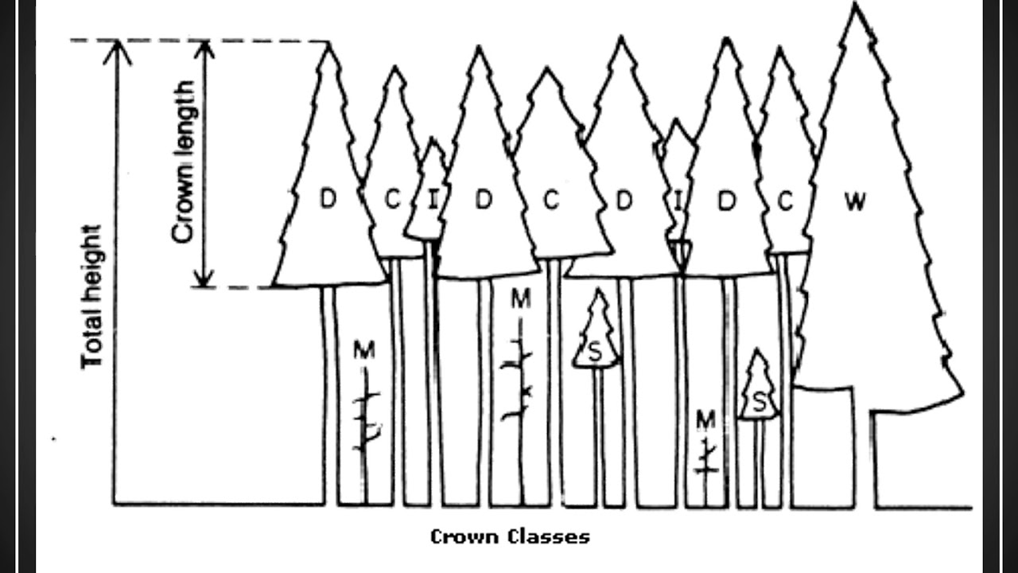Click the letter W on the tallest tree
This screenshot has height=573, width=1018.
coord(854,202)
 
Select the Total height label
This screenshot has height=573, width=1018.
coord(94,297)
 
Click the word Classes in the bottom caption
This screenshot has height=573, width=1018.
coord(547,536)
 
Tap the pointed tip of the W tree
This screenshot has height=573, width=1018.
coord(856,6)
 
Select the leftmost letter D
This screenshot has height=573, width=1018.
coord(328,199)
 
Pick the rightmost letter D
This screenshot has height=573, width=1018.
coord(725,201)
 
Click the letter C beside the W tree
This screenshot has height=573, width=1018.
coord(785,202)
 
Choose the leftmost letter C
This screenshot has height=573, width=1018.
coord(392,201)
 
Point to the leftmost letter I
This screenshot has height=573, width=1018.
coord(433,201)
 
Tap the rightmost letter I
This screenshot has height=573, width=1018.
coord(678,201)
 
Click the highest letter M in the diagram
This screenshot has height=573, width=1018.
coord(520,299)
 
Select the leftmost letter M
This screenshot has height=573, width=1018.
coord(364,349)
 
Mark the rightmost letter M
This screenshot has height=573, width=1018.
coord(705,419)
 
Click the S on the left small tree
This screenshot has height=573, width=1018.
coord(595,351)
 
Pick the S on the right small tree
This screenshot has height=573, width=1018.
coord(760,403)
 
